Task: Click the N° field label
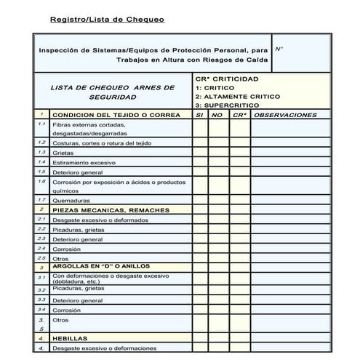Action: tap(279, 48)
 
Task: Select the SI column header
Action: tap(200, 115)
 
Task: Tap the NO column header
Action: tap(217, 115)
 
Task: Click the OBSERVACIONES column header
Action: tap(287, 115)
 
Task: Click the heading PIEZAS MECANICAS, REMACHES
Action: tap(111, 210)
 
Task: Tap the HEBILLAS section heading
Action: tap(70, 338)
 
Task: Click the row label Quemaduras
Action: tap(71, 200)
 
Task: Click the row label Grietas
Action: tap(63, 153)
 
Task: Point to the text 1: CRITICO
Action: tap(215, 87)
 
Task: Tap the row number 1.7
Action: tap(41, 200)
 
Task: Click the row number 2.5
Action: tap(41, 257)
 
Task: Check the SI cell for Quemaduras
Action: tap(200, 200)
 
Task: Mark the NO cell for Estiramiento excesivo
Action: tap(217, 162)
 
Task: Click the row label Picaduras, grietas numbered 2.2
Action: tap(78, 229)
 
